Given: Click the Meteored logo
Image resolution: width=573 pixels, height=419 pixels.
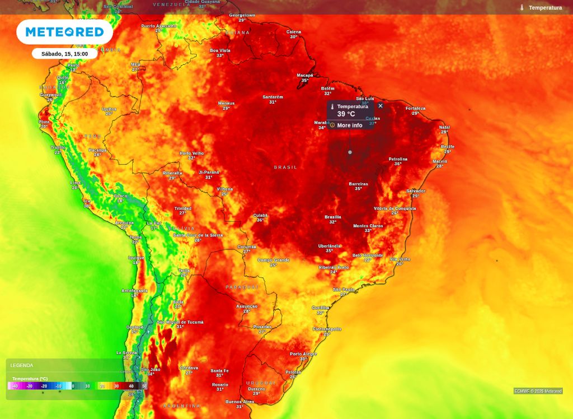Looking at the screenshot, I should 64,32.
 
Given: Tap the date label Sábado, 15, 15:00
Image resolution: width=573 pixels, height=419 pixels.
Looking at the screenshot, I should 64,54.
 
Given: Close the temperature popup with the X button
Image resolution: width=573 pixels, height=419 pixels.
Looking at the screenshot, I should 381,106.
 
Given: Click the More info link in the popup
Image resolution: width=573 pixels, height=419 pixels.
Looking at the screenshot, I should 349,125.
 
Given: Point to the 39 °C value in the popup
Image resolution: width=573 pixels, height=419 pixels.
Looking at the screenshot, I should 346,114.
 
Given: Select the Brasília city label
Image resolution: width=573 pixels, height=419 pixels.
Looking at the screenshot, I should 332,217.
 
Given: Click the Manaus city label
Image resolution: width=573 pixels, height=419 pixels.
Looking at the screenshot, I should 226,103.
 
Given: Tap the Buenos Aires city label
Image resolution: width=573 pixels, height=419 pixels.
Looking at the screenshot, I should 239,402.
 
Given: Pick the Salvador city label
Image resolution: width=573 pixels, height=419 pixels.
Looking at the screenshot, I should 416,191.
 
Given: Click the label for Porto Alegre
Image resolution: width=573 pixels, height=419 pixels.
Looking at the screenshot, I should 303,354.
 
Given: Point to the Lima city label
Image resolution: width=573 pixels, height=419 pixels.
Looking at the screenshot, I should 75,183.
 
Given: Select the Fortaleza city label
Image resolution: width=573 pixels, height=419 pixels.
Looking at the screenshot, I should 415,108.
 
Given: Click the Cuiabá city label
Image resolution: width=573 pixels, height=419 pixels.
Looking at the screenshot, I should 260,215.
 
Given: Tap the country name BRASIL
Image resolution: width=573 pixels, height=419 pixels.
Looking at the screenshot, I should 285,167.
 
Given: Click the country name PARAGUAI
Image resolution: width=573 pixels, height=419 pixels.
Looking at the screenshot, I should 242,287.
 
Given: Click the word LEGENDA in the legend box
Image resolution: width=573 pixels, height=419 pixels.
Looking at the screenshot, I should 22,365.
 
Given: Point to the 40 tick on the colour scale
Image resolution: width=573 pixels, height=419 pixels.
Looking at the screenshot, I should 131,386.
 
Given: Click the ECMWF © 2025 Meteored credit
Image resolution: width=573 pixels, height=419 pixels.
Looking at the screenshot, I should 538,391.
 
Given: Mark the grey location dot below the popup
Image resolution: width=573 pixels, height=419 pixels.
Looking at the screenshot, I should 350,152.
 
